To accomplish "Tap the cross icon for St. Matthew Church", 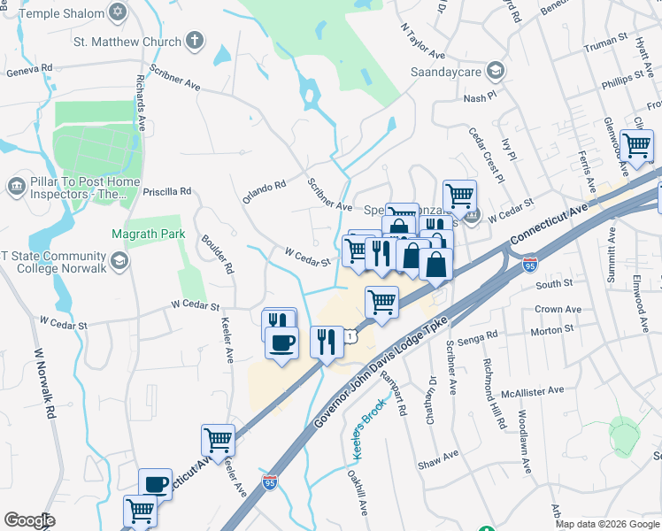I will click(194, 40).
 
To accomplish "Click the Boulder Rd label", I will click(218, 254).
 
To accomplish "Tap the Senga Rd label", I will click(480, 334).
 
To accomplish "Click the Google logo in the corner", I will click(29, 520).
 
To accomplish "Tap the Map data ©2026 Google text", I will click(607, 524).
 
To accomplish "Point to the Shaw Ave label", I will click(439, 456).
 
